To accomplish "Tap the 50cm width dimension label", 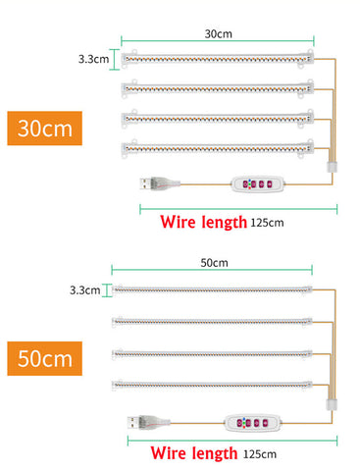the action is (214, 262).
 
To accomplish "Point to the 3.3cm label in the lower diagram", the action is (85, 289).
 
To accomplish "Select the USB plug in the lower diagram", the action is (140, 422).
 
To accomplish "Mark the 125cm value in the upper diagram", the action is (267, 223).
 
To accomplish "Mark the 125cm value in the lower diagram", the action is (258, 454).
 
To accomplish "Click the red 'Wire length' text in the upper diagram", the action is (203, 222).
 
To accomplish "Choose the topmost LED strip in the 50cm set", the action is (212, 289).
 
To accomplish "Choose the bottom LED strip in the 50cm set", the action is (212, 383).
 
